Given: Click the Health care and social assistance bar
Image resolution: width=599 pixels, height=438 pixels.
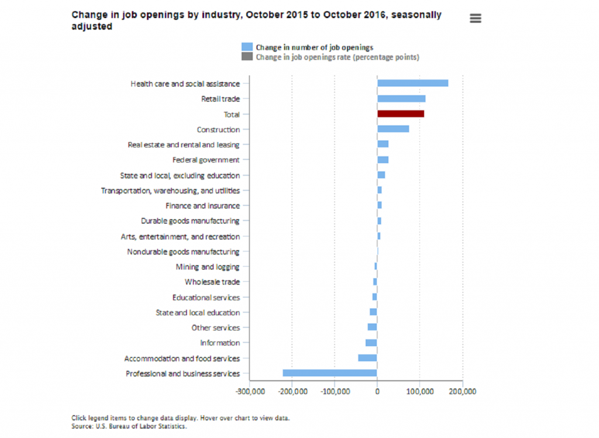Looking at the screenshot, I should click(412, 83).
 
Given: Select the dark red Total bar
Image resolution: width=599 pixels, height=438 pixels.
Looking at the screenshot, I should click(400, 114).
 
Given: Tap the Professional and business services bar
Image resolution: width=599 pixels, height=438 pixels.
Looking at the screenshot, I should click(330, 373).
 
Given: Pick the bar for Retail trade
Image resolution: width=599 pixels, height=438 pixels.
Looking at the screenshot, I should click(401, 99).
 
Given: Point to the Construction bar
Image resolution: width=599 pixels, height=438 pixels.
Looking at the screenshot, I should click(393, 129).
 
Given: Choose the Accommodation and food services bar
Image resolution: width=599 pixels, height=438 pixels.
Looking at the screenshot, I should click(367, 358).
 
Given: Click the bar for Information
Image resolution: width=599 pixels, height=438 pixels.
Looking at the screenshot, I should click(371, 343).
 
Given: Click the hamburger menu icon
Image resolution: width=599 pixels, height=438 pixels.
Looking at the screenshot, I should click(476, 19).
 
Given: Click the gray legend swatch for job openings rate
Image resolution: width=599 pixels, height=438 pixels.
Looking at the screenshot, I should click(247, 57).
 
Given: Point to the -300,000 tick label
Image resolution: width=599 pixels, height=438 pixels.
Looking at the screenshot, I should click(250, 390).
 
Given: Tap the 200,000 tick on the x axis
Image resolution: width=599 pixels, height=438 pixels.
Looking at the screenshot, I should click(462, 390).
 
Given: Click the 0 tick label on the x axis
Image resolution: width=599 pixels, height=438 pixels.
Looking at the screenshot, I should click(377, 390).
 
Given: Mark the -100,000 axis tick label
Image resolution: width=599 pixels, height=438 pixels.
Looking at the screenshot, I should click(335, 390).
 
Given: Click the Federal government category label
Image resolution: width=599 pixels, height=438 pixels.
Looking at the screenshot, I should click(206, 160).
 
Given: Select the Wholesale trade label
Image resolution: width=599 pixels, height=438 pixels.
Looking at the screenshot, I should click(212, 282).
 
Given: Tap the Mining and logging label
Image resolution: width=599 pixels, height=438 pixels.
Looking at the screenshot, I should click(207, 267).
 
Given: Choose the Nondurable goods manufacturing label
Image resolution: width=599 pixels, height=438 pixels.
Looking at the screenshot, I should click(183, 251).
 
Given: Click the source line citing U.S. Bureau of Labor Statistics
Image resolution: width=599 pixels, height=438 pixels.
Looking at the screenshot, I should click(129, 426).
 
